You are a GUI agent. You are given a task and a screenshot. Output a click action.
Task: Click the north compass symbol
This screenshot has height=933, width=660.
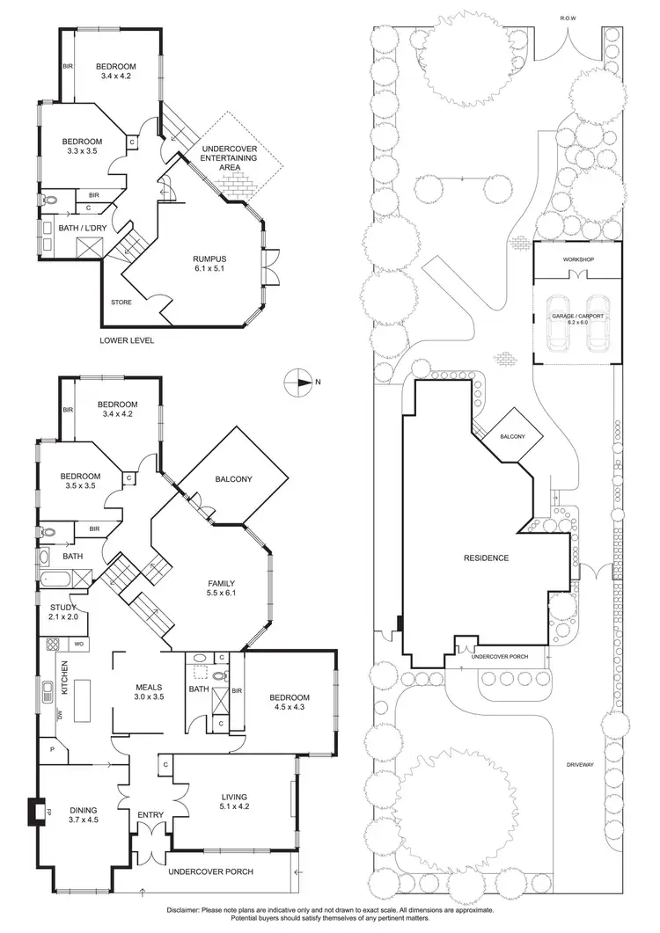click(x=299, y=382)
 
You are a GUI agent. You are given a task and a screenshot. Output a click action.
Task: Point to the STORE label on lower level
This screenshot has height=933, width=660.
click(x=121, y=302)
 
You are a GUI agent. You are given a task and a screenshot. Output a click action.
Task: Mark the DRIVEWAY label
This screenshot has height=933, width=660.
click(x=582, y=765)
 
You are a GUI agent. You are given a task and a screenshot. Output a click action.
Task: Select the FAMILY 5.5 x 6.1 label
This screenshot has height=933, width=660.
click(x=221, y=587)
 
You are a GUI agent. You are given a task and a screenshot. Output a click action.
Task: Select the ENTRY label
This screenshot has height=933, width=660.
click(x=150, y=815)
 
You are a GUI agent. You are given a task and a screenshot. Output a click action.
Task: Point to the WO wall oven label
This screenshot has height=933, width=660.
click(x=78, y=645)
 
